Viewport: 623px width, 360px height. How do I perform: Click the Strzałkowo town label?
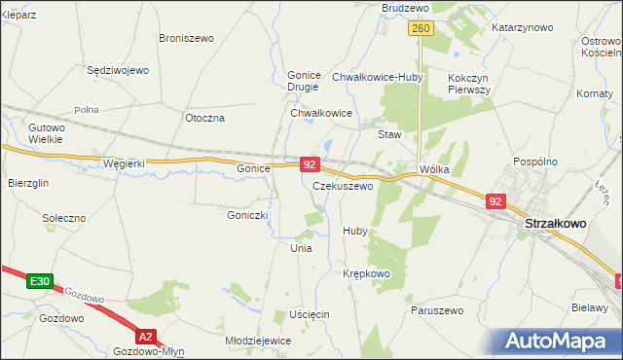555,223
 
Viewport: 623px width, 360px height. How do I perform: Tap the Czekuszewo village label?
343,185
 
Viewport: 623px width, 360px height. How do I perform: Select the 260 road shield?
421,29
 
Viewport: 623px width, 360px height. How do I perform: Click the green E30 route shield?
39,281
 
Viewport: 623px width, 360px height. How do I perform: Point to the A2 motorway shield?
145,337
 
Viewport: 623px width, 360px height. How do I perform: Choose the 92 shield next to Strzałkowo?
495,201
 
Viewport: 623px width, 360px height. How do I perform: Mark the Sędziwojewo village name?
117,70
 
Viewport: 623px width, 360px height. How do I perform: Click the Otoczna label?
204,118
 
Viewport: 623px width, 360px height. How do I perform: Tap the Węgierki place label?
124,163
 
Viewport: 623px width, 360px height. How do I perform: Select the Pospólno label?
533,162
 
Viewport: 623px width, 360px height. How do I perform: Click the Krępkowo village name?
366,273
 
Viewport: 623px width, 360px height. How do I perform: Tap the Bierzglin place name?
28,182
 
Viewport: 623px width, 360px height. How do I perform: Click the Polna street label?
87,110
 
